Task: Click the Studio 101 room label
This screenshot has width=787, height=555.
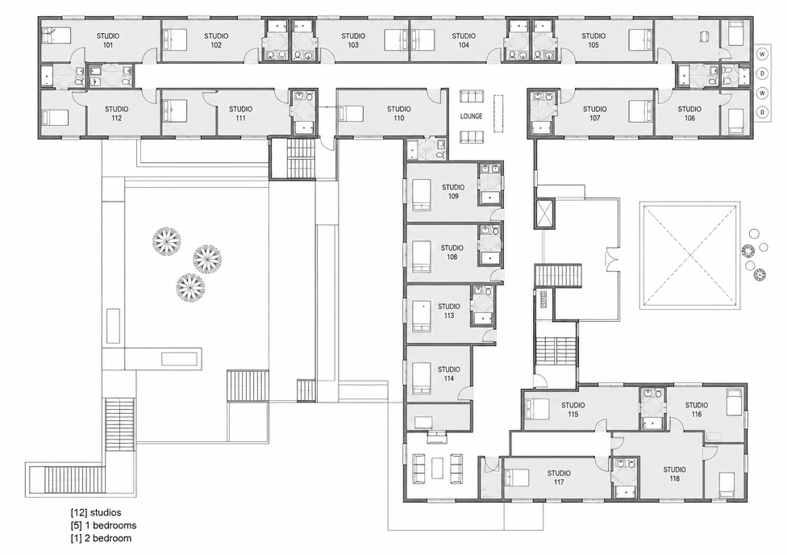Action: (x=108, y=40)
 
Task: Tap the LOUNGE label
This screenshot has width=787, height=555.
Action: (x=471, y=116)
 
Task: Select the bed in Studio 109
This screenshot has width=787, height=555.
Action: (x=422, y=195)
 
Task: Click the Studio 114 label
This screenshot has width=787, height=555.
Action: (x=448, y=373)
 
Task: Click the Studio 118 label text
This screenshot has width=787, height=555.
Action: (x=675, y=474)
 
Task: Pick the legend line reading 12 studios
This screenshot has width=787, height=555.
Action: (x=96, y=513)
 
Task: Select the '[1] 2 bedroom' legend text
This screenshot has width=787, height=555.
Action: (x=101, y=538)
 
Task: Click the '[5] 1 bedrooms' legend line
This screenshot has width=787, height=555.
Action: (x=103, y=525)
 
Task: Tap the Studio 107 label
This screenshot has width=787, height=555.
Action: (x=595, y=114)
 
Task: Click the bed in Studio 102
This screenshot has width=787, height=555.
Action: (x=174, y=38)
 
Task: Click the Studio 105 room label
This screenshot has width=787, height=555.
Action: (x=593, y=40)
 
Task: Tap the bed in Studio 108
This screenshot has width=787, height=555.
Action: (x=422, y=256)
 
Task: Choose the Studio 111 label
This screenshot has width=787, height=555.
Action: (x=241, y=114)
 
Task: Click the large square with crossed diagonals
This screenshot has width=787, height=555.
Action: (x=690, y=256)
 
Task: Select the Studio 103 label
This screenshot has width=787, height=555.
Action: (x=353, y=40)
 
